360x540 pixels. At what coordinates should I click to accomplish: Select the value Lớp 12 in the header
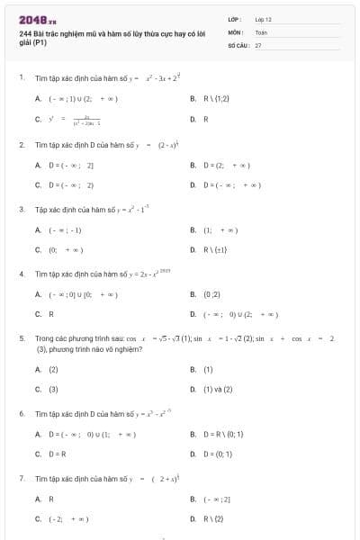[264, 19]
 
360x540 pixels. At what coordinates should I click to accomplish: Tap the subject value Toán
[261, 31]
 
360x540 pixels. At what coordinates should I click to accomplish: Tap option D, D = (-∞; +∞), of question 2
[230, 185]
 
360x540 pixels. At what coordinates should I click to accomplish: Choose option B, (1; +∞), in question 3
[220, 230]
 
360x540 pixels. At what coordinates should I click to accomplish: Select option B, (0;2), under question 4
[212, 294]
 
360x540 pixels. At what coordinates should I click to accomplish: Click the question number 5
[22, 338]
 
